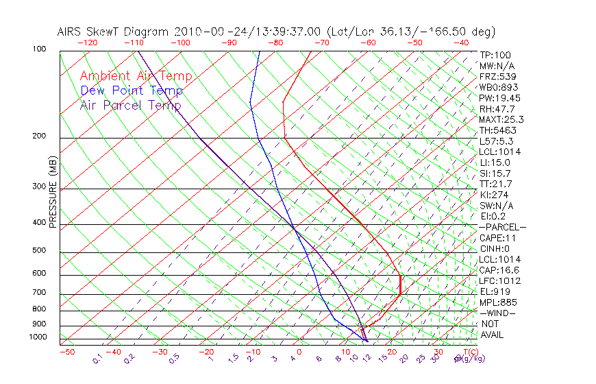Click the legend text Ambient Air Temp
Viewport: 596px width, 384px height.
click(x=136, y=76)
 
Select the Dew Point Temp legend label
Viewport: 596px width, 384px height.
click(x=132, y=91)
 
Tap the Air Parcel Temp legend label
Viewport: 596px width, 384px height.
click(x=130, y=105)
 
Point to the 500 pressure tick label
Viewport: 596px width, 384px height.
click(x=38, y=250)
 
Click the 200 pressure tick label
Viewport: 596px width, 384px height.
click(x=38, y=136)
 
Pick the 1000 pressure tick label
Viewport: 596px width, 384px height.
click(x=37, y=337)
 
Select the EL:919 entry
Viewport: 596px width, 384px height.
click(x=495, y=291)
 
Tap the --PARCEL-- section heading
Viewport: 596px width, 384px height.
click(x=502, y=227)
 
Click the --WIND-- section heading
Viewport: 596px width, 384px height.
click(x=497, y=313)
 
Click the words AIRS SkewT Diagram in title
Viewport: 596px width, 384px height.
click(x=114, y=32)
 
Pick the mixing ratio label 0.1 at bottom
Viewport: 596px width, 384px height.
click(x=97, y=359)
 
